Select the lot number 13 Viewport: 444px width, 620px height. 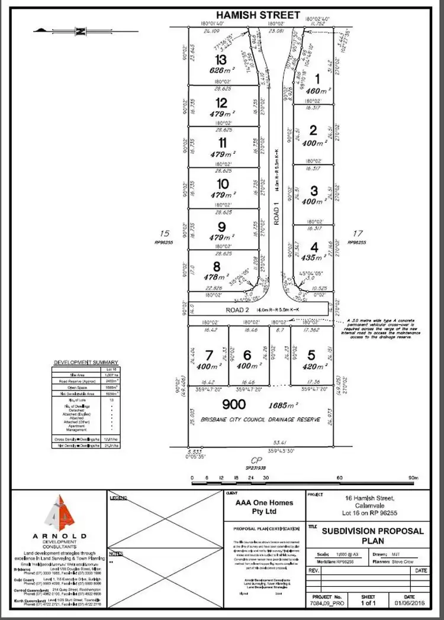pyautogui.click(x=221, y=60)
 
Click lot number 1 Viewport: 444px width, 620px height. pyautogui.click(x=316, y=77)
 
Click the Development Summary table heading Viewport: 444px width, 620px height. pyautogui.click(x=86, y=362)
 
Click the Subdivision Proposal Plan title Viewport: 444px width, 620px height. pyautogui.click(x=372, y=535)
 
